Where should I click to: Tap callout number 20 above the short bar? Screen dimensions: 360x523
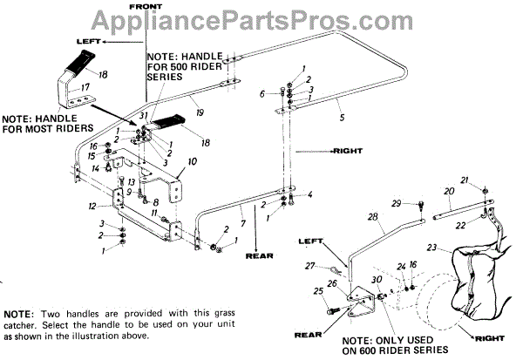click(x=447, y=191)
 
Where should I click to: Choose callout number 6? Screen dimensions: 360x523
click(x=261, y=93)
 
